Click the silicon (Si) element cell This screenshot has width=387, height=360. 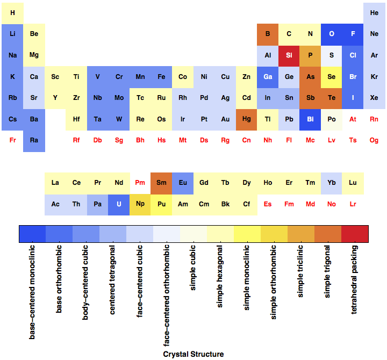(x=289, y=55)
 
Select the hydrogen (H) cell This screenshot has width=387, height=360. (x=12, y=13)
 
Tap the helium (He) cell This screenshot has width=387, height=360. (x=374, y=13)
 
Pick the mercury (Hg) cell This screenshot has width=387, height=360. (x=246, y=119)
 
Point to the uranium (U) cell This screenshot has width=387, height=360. (x=119, y=204)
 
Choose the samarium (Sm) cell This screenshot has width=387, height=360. (x=161, y=183)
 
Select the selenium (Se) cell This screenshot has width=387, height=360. (x=332, y=77)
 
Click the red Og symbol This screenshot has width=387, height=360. (x=374, y=141)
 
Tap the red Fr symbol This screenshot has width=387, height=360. (x=12, y=141)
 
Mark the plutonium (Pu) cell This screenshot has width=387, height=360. (x=161, y=204)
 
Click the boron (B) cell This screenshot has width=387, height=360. (x=268, y=34)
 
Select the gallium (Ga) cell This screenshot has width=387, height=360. (x=268, y=77)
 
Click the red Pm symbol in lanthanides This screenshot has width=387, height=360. (x=140, y=183)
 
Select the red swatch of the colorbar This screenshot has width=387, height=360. (x=355, y=234)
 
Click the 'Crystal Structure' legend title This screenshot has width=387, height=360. (x=193, y=354)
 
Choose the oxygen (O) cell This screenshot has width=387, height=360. (x=332, y=34)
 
